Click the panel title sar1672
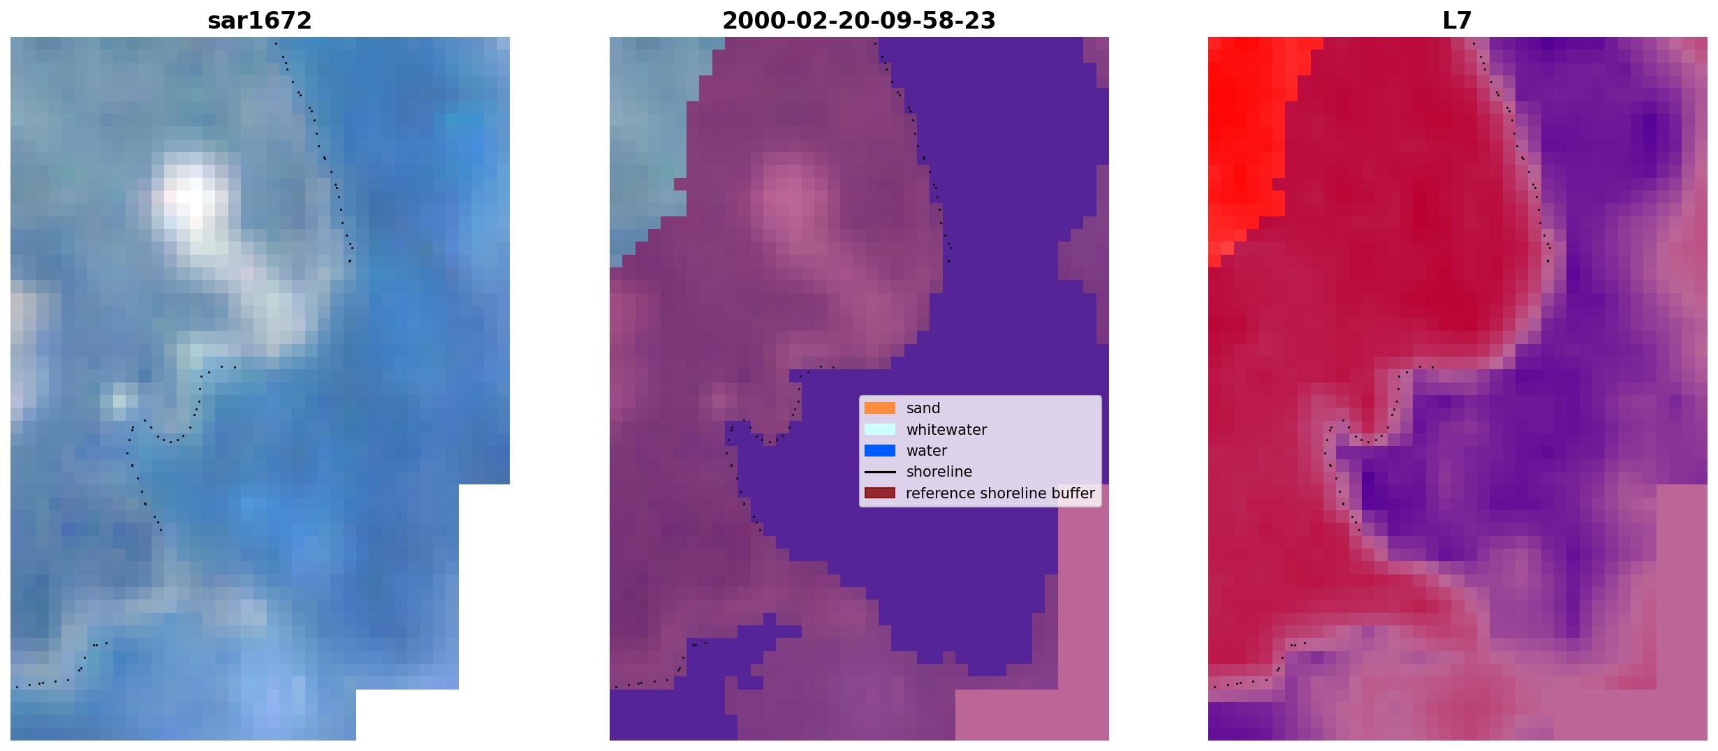tap(260, 21)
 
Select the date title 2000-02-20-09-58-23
tap(859, 21)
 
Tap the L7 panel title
tap(1458, 21)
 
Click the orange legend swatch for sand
tap(880, 408)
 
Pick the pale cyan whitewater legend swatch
tap(880, 429)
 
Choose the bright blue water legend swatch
tap(880, 451)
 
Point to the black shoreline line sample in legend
tap(880, 472)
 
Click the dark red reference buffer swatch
tap(880, 493)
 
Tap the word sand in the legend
tap(923, 408)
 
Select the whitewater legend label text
tap(946, 430)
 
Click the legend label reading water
tap(927, 451)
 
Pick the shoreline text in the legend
tap(939, 472)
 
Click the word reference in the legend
tap(941, 493)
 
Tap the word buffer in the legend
tap(1072, 493)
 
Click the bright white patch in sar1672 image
tap(190, 199)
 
